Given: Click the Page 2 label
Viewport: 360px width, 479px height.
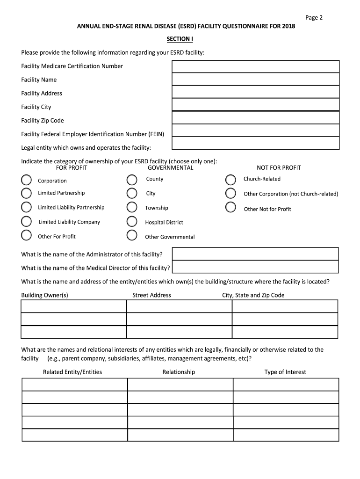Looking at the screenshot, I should pos(314,18).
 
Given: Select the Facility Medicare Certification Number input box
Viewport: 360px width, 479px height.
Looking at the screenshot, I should pos(256,66).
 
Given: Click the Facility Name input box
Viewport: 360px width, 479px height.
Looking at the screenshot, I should pos(256,79).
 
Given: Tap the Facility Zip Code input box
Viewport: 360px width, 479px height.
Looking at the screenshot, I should pos(256,117).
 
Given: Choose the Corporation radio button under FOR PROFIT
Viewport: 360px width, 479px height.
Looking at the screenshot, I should pos(27,180).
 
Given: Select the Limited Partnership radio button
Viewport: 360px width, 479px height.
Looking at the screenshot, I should pos(27,193).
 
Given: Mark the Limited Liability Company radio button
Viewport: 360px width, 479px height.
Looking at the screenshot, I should pos(27,222).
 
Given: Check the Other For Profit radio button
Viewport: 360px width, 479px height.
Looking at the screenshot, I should pos(27,236).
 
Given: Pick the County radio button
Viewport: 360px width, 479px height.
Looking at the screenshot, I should pos(132,180).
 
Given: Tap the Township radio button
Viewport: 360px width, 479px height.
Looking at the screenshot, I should pos(132,207).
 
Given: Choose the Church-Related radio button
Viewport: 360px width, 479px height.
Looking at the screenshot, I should pos(230,180).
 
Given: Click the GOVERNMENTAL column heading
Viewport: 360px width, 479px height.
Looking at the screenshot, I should pos(170,168).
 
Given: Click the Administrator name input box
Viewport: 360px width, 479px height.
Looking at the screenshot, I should pos(255,254).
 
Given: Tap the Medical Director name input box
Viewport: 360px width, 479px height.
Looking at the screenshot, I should pos(255,267).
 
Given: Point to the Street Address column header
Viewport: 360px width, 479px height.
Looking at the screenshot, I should pos(151,295).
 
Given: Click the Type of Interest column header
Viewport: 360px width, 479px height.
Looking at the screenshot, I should pos(285,372).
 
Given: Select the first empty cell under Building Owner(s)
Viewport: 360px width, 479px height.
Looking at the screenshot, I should pos(74,306).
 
